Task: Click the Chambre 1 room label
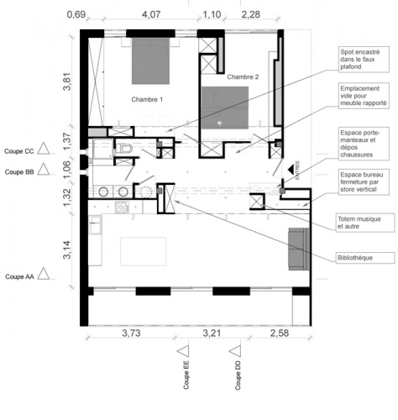[x=147, y=100]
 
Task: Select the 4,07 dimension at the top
[x=152, y=14]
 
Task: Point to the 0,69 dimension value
[x=76, y=14]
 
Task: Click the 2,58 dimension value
[x=280, y=335]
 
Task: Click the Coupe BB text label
[x=19, y=171]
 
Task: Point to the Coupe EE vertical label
[x=186, y=377]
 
